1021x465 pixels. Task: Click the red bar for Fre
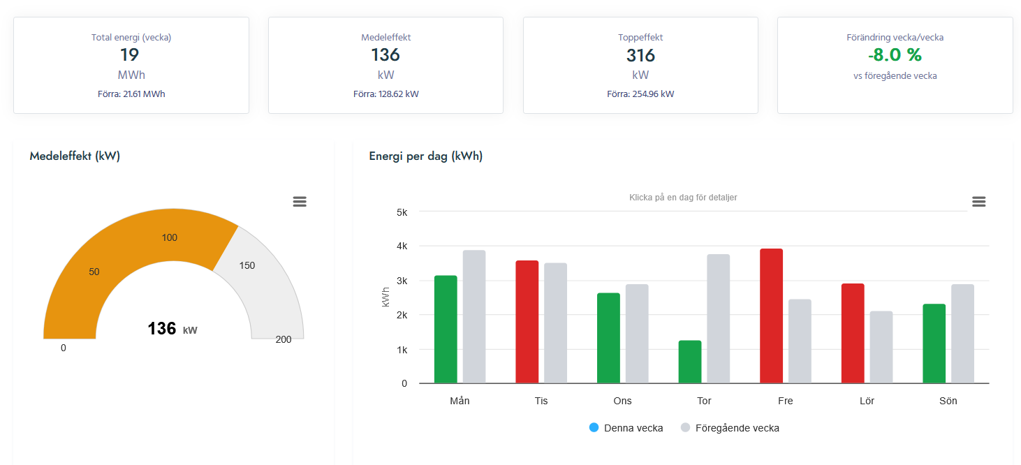click(x=771, y=316)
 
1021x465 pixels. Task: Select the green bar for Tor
click(x=690, y=362)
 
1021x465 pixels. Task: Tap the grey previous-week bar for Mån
click(x=474, y=317)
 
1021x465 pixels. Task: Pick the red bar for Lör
click(x=853, y=333)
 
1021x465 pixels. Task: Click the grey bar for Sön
click(x=962, y=334)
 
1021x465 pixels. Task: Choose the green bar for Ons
click(x=608, y=338)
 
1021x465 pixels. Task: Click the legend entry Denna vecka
click(x=626, y=428)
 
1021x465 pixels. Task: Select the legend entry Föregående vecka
click(x=730, y=428)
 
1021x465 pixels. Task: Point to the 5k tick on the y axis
click(x=402, y=212)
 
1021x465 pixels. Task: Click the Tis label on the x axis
click(x=541, y=401)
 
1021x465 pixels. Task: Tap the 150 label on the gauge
click(x=247, y=265)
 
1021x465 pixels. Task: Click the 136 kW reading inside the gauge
click(x=172, y=329)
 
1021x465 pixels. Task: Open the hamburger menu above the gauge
click(x=300, y=202)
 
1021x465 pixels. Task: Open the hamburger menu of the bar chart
click(x=978, y=202)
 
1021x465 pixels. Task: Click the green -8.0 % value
click(x=895, y=55)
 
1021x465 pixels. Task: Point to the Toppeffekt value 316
click(x=640, y=55)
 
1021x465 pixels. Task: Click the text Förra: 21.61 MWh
click(x=131, y=94)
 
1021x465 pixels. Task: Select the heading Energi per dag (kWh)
click(x=425, y=156)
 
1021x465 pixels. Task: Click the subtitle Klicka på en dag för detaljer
click(x=683, y=198)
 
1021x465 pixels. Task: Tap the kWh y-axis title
click(x=386, y=298)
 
